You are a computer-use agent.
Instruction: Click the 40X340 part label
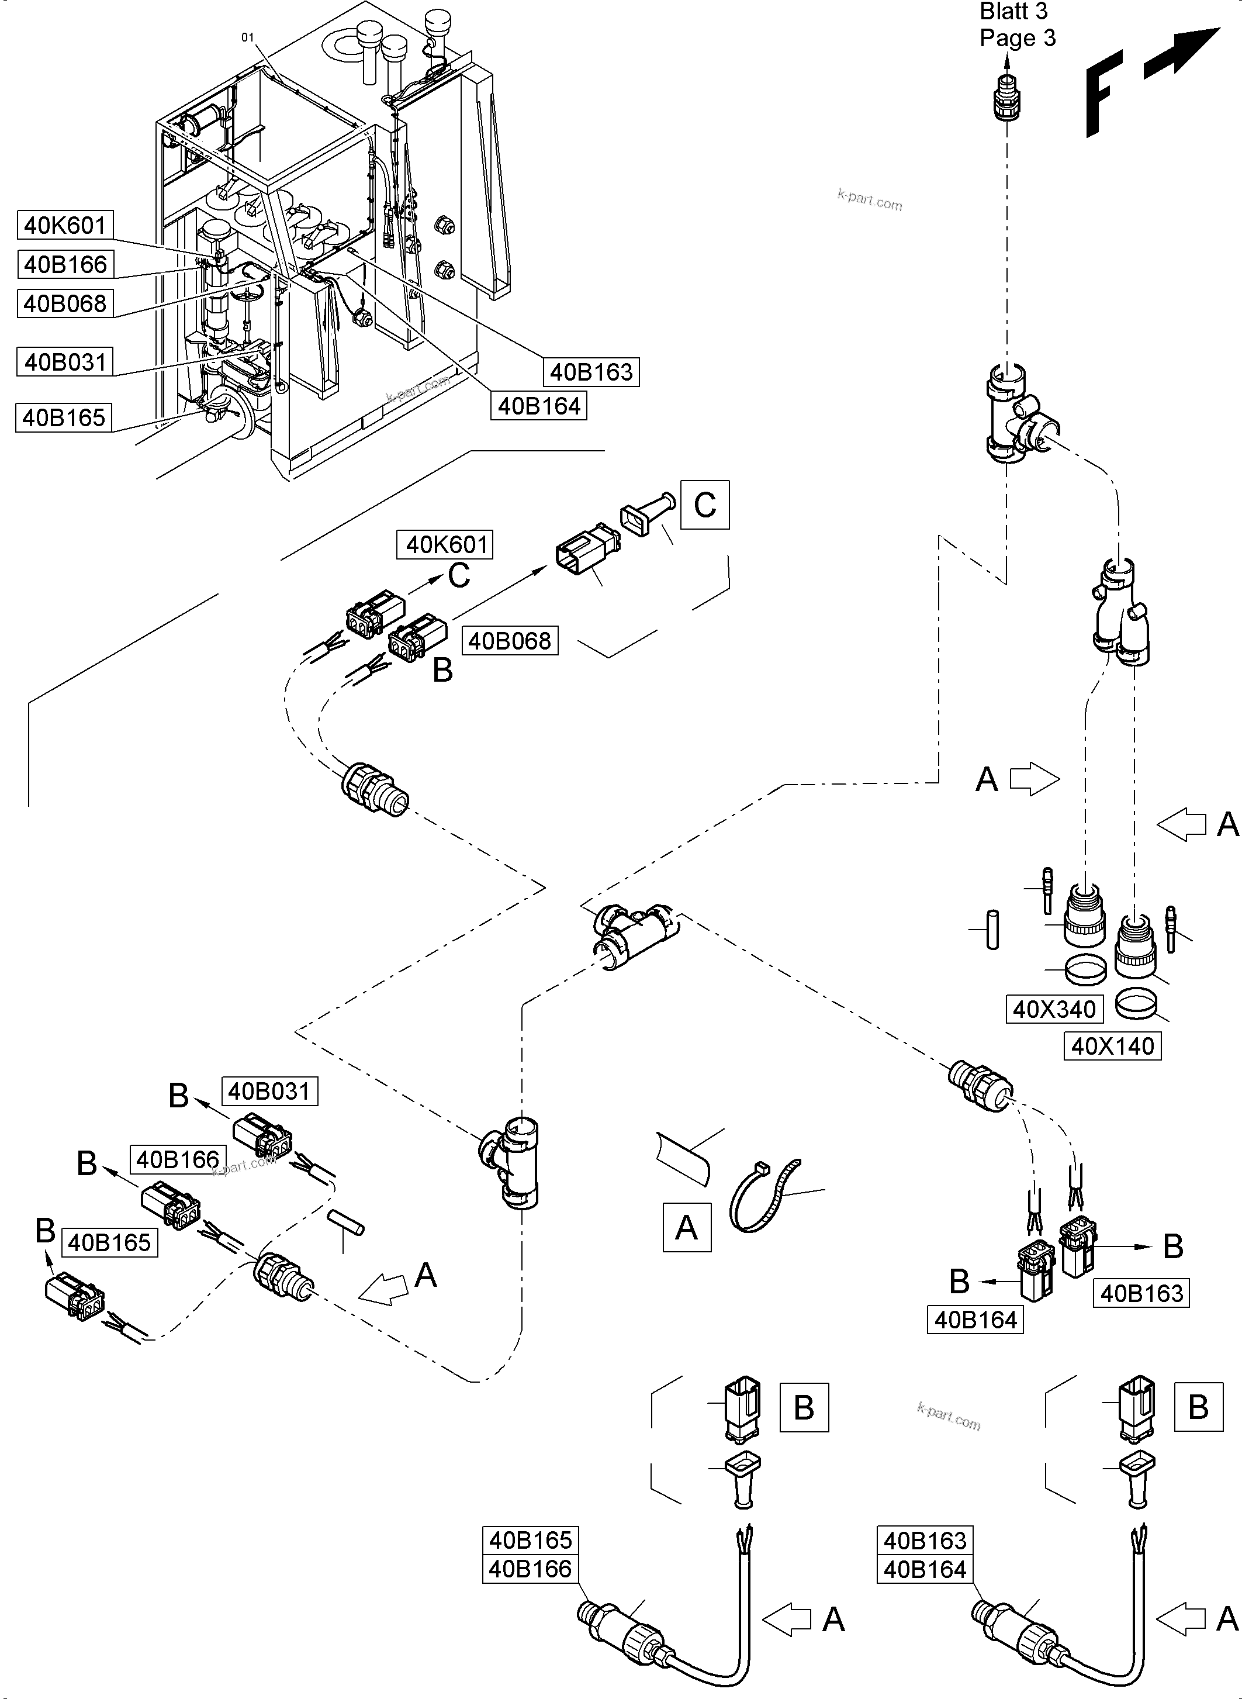[x=1054, y=1009]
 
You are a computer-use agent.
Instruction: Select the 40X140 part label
[x=1112, y=1046]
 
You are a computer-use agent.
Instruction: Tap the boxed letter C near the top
[x=704, y=505]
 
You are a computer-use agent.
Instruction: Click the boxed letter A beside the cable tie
[x=686, y=1227]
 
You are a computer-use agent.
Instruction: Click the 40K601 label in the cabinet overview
[x=65, y=225]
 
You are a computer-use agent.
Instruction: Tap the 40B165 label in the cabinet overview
[x=63, y=417]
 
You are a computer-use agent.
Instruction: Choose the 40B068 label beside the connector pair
[x=510, y=641]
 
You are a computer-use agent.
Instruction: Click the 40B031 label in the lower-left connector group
[x=269, y=1092]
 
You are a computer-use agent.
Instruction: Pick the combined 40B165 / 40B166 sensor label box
[x=530, y=1555]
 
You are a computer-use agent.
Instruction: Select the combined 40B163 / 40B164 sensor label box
[x=925, y=1555]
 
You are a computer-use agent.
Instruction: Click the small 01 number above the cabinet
[x=247, y=37]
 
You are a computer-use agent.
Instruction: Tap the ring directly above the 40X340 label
[x=1085, y=969]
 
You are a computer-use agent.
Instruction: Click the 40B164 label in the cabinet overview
[x=539, y=406]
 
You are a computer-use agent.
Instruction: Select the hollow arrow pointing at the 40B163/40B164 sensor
[x=1181, y=1618]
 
